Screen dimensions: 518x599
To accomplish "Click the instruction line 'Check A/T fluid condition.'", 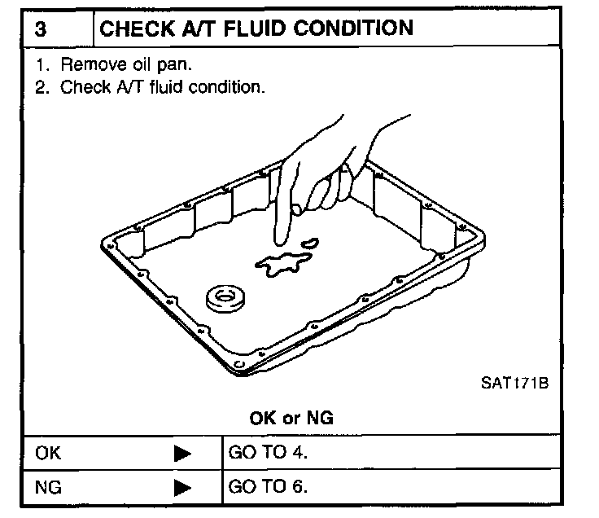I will [x=155, y=86].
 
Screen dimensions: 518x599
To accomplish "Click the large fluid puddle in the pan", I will [x=281, y=265].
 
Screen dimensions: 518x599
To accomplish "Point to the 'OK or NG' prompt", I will [x=291, y=418].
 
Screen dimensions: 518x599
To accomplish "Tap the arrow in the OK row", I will [x=183, y=454].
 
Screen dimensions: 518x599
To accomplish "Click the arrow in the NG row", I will [x=183, y=489].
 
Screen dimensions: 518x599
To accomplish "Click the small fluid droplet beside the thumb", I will [x=310, y=242].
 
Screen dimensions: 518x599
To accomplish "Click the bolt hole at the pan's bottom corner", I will [x=237, y=362].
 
